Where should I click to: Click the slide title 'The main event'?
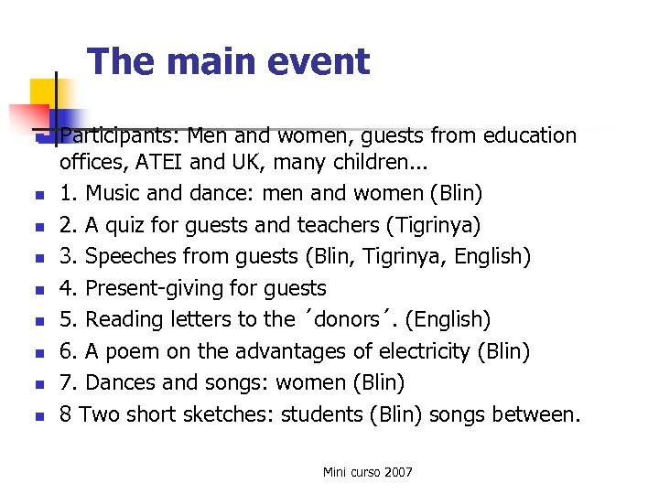[229, 61]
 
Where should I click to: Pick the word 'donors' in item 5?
[346, 319]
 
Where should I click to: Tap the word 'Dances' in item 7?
[120, 382]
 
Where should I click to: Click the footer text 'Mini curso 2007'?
[367, 472]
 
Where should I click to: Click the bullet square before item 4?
[38, 290]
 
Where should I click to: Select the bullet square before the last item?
[38, 416]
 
